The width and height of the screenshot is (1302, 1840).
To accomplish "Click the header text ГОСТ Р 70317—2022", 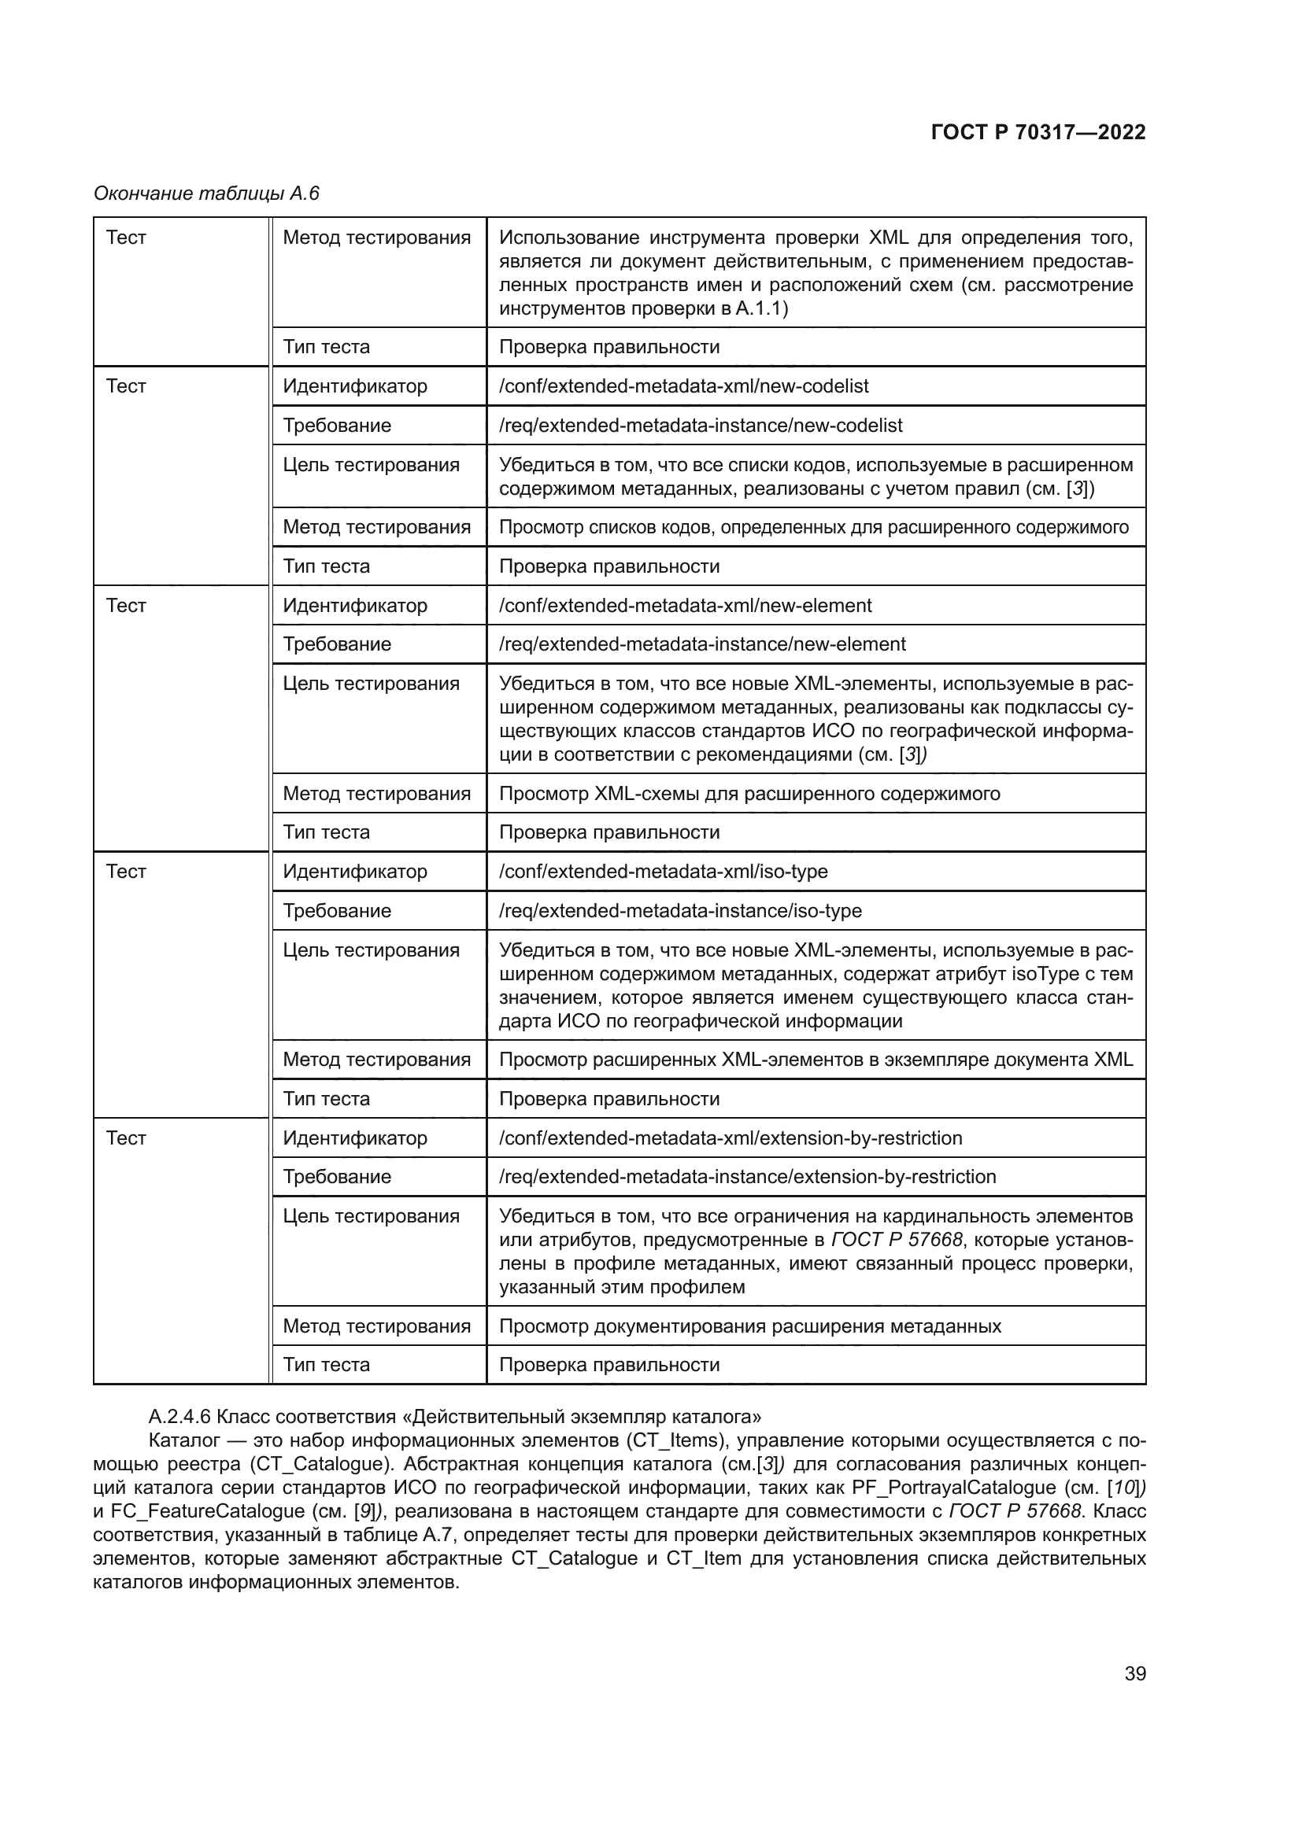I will pyautogui.click(x=1038, y=132).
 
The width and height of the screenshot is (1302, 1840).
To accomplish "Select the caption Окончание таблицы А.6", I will pyautogui.click(x=206, y=194).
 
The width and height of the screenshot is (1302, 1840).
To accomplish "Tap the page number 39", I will pyautogui.click(x=1134, y=1673).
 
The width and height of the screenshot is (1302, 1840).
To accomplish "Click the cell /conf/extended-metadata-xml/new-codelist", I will pyautogui.click(x=683, y=386).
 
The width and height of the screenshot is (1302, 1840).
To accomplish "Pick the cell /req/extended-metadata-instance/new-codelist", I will pyautogui.click(x=700, y=426).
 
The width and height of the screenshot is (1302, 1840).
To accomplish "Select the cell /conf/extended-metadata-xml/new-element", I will pyautogui.click(x=685, y=606).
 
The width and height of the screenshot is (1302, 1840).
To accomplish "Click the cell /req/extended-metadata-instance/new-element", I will pyautogui.click(x=701, y=644).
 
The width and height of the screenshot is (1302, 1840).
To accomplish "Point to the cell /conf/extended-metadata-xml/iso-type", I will pyautogui.click(x=663, y=871).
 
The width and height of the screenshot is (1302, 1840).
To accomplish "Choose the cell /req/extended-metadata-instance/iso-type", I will pyautogui.click(x=680, y=910).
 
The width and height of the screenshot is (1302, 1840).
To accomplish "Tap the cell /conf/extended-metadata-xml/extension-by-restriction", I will pyautogui.click(x=730, y=1138).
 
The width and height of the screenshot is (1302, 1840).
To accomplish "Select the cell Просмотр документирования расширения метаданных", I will pyautogui.click(x=749, y=1326).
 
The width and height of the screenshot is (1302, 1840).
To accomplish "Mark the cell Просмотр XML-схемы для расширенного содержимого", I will pyautogui.click(x=749, y=794).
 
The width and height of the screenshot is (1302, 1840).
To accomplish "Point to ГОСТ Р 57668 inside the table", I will pyautogui.click(x=897, y=1240).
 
